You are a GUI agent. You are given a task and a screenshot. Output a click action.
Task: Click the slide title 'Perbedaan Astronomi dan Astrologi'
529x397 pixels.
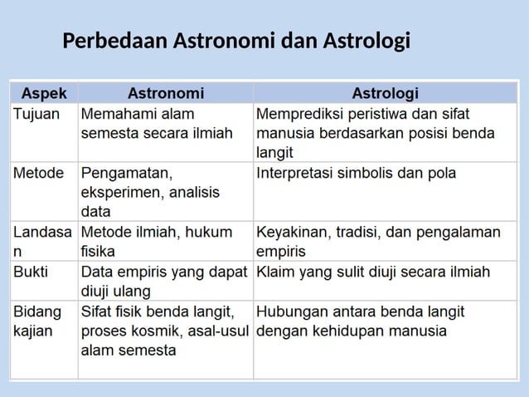pyautogui.click(x=236, y=40)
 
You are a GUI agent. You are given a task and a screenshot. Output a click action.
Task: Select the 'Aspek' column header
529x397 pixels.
pyautogui.click(x=44, y=91)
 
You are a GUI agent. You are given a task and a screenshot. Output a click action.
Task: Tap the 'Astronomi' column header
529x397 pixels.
pyautogui.click(x=165, y=91)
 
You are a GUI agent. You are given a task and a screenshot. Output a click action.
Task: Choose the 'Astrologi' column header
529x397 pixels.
pyautogui.click(x=386, y=91)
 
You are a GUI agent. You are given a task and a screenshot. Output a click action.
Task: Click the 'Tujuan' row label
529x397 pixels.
pyautogui.click(x=36, y=113)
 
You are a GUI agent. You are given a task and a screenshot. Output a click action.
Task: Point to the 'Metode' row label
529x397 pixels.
pyautogui.click(x=39, y=174)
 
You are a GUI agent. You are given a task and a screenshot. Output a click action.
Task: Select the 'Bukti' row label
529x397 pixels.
pyautogui.click(x=32, y=272)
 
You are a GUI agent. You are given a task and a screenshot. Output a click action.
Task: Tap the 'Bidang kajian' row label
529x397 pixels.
pyautogui.click(x=38, y=321)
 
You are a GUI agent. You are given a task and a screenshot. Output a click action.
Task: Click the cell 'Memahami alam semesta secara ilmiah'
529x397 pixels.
pyautogui.click(x=157, y=123)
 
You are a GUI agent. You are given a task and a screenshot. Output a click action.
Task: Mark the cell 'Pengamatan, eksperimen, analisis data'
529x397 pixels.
pyautogui.click(x=150, y=193)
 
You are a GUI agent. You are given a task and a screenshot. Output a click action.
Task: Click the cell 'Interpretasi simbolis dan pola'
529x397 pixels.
pyautogui.click(x=357, y=174)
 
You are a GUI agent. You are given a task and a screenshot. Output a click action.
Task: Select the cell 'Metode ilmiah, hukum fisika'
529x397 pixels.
pyautogui.click(x=157, y=241)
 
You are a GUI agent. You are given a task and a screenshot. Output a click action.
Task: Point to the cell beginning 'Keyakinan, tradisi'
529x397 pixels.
pyautogui.click(x=379, y=241)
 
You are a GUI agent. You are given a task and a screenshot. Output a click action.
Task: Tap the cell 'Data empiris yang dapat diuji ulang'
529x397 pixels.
pyautogui.click(x=163, y=281)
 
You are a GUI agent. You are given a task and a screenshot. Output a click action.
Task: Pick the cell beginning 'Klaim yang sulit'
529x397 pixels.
pyautogui.click(x=373, y=272)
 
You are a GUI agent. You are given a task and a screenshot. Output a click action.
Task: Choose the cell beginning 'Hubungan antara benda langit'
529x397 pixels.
pyautogui.click(x=361, y=321)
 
